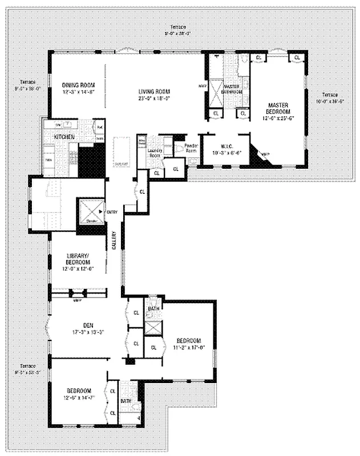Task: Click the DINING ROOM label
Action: tap(78, 85)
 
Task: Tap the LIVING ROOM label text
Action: tap(155, 91)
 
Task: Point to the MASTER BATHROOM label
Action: tap(233, 89)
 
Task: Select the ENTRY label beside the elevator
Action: tap(111, 212)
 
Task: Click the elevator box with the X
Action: tap(91, 210)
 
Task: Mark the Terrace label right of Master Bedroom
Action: tap(329, 94)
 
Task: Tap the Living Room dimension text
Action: tap(155, 97)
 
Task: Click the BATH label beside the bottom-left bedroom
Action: tap(126, 401)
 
